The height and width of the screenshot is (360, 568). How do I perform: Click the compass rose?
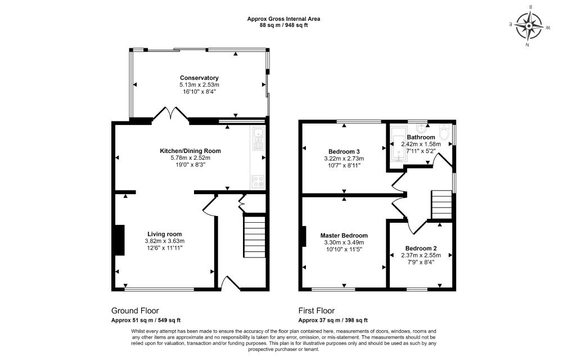(529, 26)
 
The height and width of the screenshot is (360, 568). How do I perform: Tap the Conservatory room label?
(199, 78)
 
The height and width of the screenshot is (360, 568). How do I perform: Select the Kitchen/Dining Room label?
(190, 151)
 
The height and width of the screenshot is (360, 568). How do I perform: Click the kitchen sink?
(259, 138)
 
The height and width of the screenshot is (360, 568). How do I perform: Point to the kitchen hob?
(258, 182)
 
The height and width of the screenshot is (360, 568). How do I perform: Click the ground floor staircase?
(254, 237)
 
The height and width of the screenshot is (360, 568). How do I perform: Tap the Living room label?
(164, 234)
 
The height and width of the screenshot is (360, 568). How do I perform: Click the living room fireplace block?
(120, 240)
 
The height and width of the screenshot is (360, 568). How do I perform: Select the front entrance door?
(231, 283)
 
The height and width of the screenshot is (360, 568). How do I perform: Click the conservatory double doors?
(170, 113)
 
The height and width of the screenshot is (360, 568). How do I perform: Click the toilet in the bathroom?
(444, 133)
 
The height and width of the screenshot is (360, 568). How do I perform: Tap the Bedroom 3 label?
(344, 151)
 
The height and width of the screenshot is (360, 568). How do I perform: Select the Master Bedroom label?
(344, 236)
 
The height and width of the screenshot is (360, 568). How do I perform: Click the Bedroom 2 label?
(421, 248)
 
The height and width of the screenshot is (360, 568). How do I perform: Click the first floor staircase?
(441, 205)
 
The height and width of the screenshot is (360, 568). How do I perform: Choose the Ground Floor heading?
(135, 310)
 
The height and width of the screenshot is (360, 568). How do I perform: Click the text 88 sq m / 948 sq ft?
(283, 25)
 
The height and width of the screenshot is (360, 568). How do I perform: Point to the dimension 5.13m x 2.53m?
(199, 85)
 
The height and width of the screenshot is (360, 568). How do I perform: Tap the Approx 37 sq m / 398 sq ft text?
(333, 320)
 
